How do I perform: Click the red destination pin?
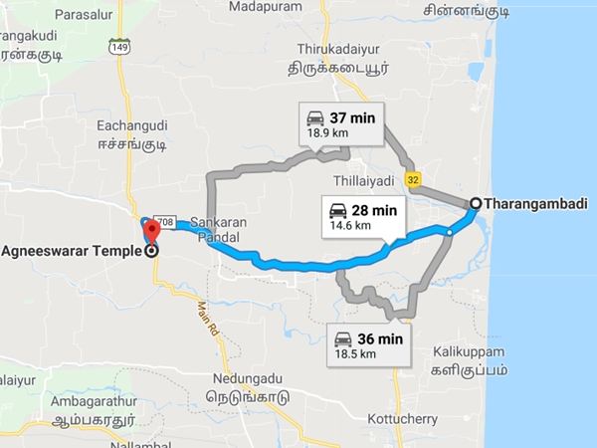150,232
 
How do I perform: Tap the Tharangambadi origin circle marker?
475,203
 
